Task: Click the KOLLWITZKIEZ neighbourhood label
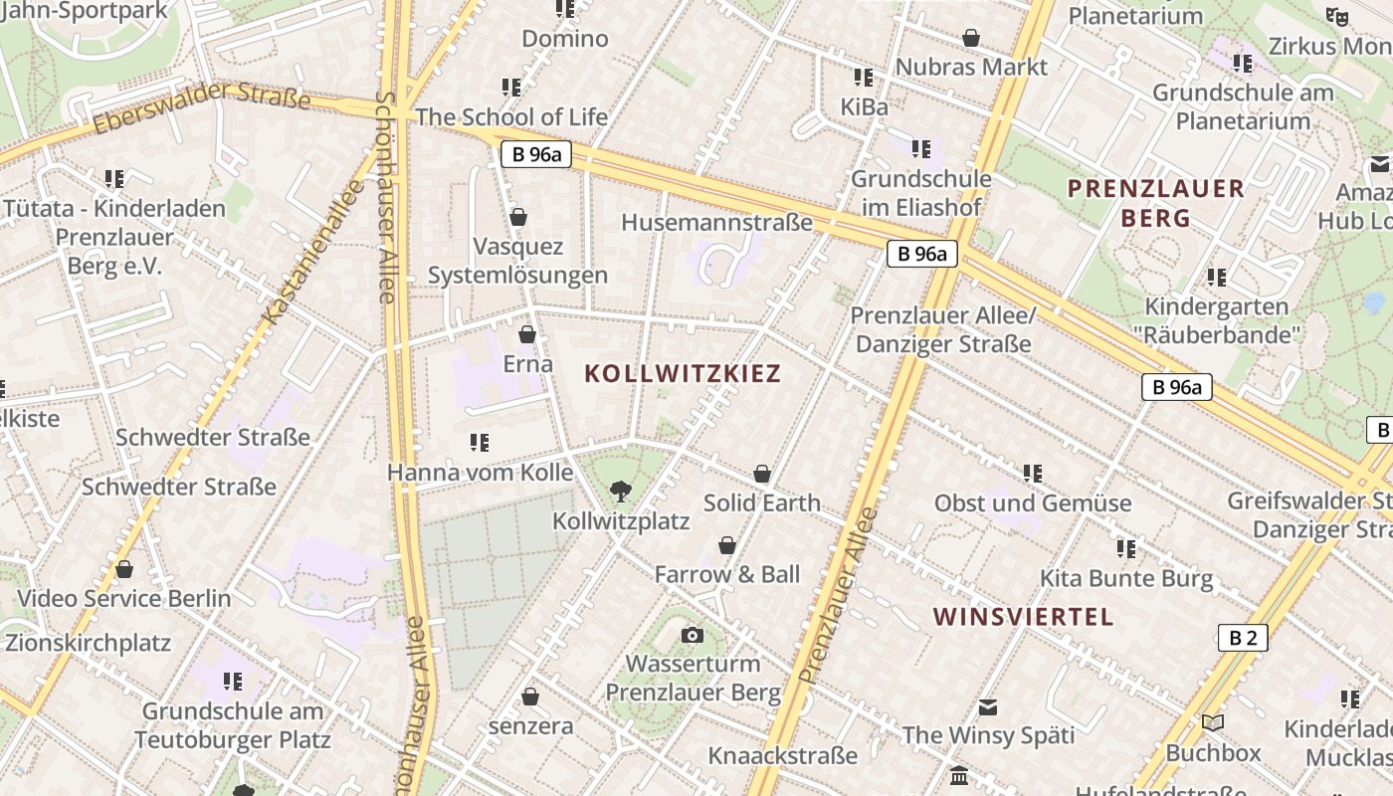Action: pos(683,374)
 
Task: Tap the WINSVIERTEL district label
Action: pos(1024,617)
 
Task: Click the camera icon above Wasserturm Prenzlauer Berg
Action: pos(693,635)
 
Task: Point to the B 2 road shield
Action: pos(1243,638)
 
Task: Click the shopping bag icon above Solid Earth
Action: pos(762,474)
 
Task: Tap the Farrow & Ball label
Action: pos(727,574)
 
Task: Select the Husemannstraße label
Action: pos(716,222)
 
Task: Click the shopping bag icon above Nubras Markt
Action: pos(971,38)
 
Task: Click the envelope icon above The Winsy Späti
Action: pos(988,707)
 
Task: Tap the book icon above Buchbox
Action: pos(1212,723)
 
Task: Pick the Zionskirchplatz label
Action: pos(88,642)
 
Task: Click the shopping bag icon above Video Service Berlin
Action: pos(124,569)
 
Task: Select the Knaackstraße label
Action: pos(782,755)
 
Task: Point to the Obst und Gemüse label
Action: pos(1033,502)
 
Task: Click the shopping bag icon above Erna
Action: pos(527,334)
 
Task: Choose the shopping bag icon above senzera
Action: pos(530,696)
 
